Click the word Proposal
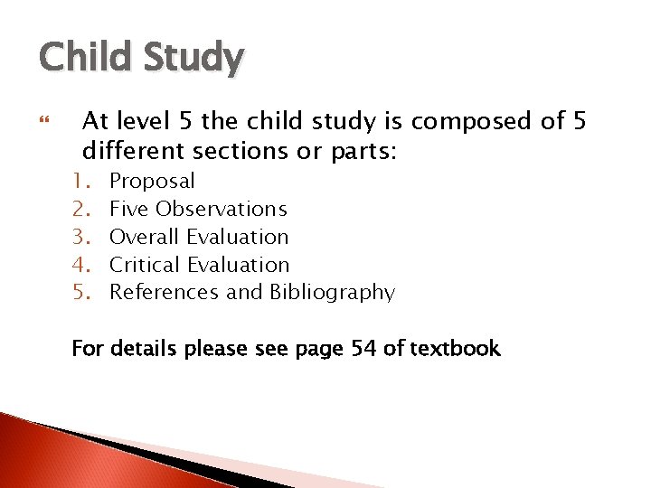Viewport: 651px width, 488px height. (x=151, y=181)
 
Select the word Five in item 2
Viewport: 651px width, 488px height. (x=129, y=209)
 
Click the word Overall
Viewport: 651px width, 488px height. (x=145, y=237)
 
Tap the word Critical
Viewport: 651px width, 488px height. (x=145, y=265)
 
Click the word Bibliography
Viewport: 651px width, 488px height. (x=332, y=292)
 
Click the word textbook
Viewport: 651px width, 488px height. (x=455, y=348)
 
